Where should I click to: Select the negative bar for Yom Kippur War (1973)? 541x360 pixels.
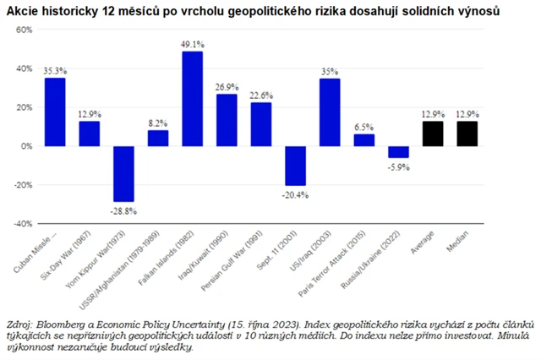[123, 173]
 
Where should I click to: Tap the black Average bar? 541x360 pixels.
[433, 134]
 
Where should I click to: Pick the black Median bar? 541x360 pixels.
[467, 134]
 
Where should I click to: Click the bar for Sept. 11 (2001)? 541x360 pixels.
[295, 166]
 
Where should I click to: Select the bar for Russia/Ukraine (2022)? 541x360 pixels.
[398, 152]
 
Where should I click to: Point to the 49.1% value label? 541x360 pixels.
[193, 45]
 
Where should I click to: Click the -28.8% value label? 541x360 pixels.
[123, 209]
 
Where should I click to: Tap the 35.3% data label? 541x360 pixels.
[55, 71]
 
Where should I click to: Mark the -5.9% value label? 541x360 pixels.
[398, 166]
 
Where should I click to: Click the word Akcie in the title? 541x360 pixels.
[24, 11]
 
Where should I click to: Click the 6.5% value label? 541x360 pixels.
[363, 126]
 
